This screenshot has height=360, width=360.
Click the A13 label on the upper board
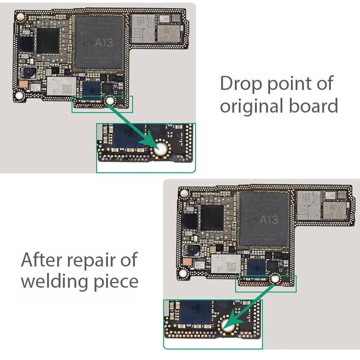(104, 43)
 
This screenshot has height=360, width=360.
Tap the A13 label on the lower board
(269, 219)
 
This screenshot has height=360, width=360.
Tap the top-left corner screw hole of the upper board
(20, 16)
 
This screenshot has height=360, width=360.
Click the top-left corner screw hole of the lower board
(184, 193)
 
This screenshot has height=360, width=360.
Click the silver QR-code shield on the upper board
(62, 85)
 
